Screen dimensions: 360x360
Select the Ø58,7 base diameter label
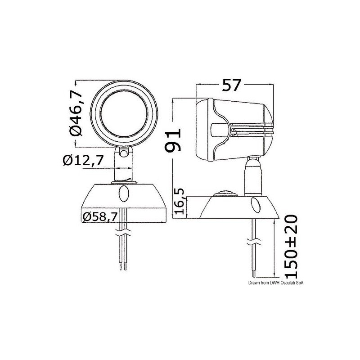click(100, 216)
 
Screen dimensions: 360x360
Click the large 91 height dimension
click(172, 140)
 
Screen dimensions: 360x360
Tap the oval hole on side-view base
click(255, 206)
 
